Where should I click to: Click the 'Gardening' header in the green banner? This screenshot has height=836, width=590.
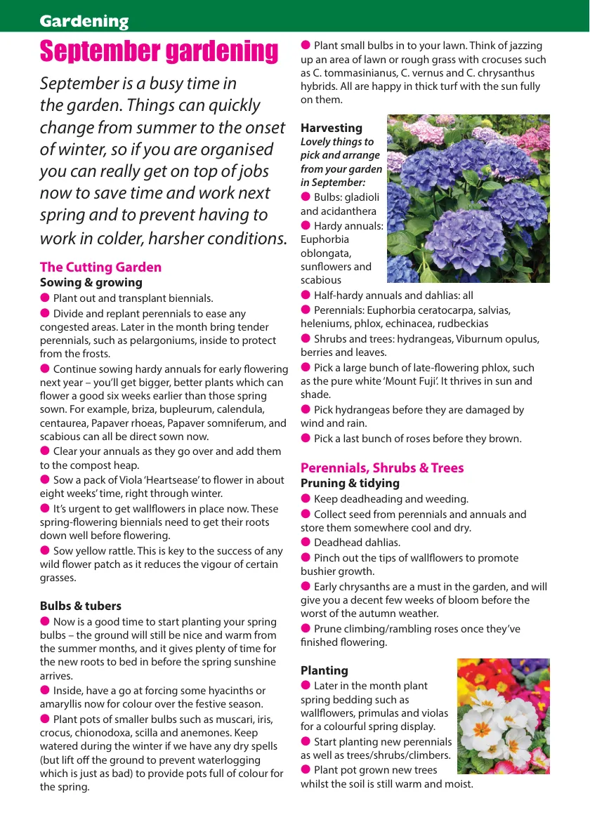pos(84,21)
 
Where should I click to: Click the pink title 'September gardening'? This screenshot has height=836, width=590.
pos(159,51)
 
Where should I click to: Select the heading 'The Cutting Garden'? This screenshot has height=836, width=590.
pos(100,267)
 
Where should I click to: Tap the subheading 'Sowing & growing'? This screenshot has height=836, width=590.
pos(91,282)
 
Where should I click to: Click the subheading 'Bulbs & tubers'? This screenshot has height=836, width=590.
pos(80,606)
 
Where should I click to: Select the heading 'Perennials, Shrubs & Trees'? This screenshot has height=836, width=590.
pos(382,467)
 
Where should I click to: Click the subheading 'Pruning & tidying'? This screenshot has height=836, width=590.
pos(350,483)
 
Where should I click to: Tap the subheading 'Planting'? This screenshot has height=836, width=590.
pos(324,670)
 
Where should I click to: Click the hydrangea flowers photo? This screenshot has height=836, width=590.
pos(468,199)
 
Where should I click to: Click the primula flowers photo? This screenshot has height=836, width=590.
pos(503,716)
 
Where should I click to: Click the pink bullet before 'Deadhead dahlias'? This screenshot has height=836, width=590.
pos(306,542)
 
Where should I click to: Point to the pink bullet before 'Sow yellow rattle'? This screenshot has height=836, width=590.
pos(45,550)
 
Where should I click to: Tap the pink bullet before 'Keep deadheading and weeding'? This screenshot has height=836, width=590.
pos(306,498)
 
